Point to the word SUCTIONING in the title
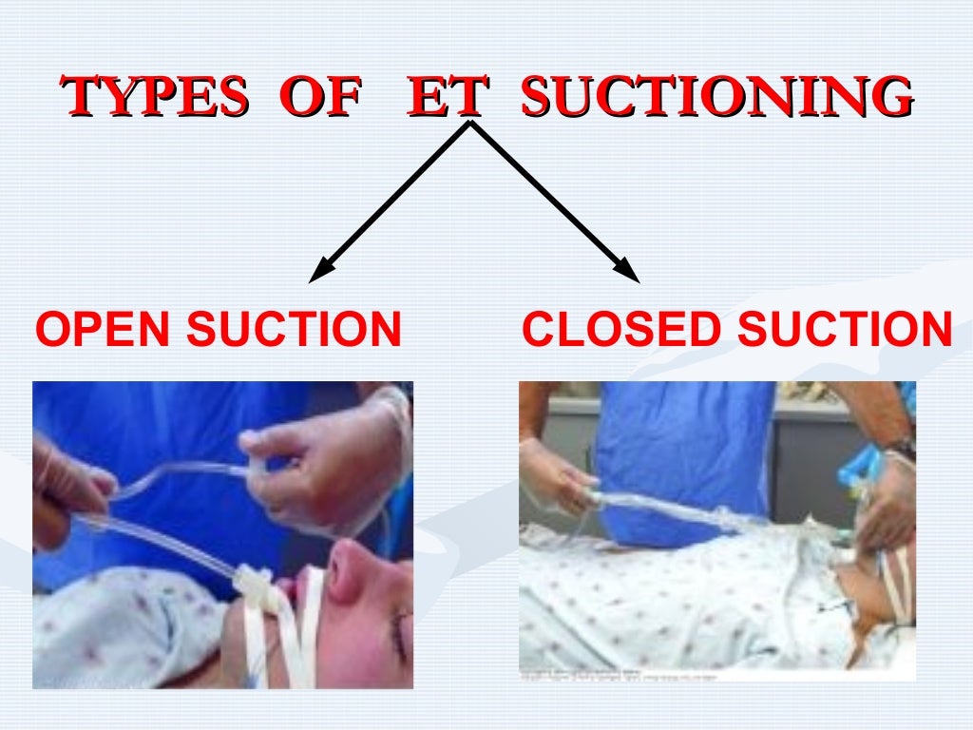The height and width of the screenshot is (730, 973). pyautogui.click(x=717, y=97)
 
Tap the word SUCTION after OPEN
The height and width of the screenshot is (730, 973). pyautogui.click(x=294, y=330)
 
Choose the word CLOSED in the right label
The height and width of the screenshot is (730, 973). pyautogui.click(x=622, y=330)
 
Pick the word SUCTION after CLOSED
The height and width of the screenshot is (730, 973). pyautogui.click(x=845, y=330)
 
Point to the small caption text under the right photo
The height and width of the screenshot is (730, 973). pyautogui.click(x=608, y=676)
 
